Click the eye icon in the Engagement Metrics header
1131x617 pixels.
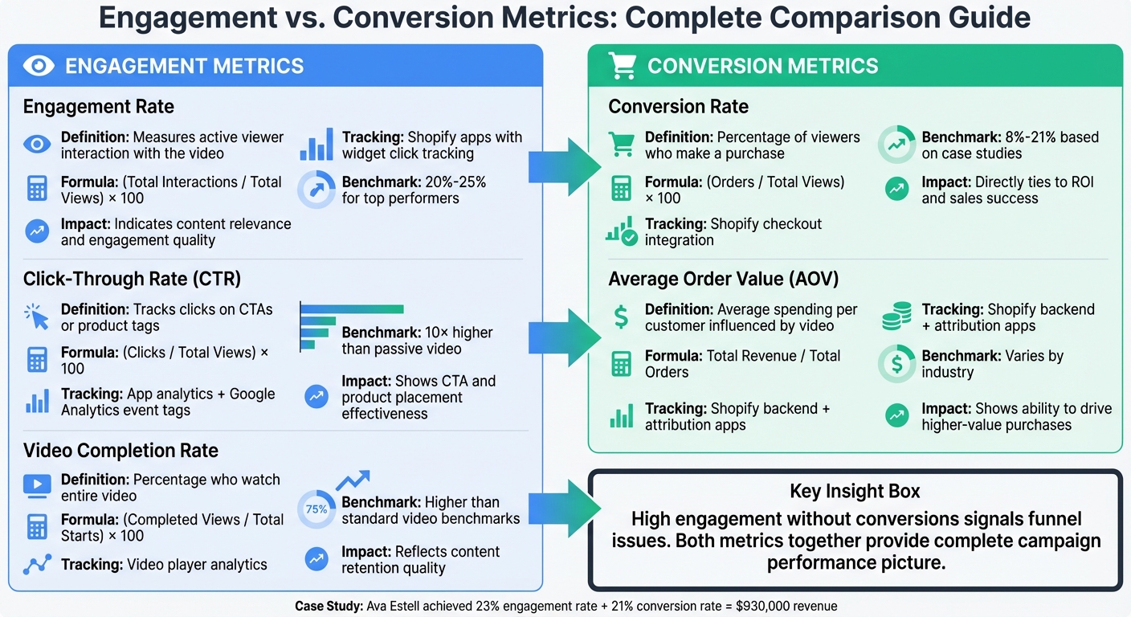39,66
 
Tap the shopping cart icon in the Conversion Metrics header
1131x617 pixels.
623,66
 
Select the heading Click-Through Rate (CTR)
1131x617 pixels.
132,279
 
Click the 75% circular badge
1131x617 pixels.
316,509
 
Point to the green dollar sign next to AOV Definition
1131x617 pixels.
621,317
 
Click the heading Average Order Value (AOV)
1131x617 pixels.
723,279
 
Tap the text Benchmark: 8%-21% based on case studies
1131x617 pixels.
1010,145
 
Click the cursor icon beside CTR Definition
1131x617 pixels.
37,317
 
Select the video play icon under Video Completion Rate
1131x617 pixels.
37,485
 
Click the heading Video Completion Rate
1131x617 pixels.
120,450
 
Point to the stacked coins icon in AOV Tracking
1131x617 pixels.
896,317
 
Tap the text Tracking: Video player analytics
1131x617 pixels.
164,565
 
